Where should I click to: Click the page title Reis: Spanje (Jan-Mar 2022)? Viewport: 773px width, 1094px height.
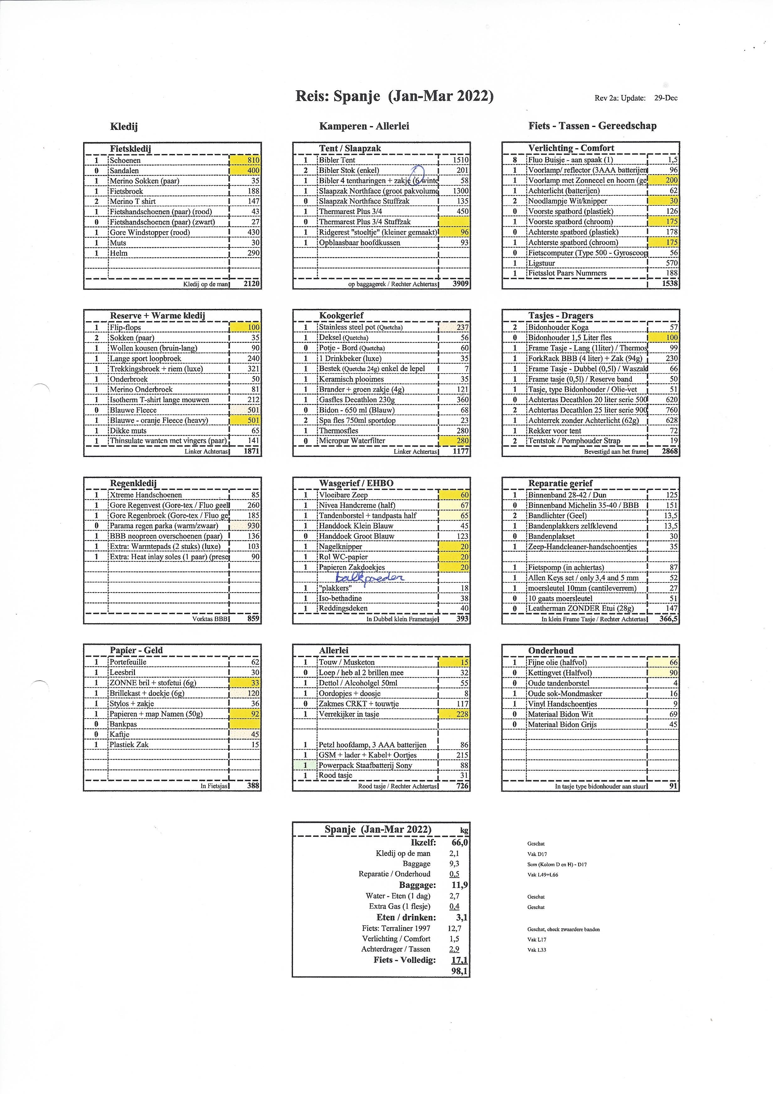click(394, 96)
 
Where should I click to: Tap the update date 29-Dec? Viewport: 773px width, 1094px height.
click(665, 98)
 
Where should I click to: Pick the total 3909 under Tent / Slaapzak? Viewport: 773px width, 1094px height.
click(460, 284)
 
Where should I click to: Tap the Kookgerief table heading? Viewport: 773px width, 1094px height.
click(341, 316)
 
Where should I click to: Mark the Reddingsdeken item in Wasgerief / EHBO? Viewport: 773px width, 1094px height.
click(343, 608)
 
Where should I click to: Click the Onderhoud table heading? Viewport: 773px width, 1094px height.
click(551, 651)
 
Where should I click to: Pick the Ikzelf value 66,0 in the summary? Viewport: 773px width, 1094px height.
click(459, 842)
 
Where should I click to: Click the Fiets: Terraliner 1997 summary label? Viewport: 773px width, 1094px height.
click(396, 928)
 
